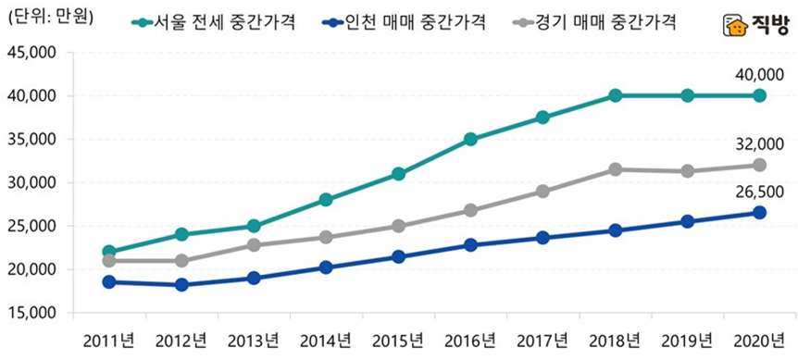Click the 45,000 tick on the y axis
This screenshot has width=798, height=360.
[x=31, y=53]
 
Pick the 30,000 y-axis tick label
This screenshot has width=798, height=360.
[x=31, y=183]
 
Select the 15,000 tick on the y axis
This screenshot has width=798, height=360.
[x=31, y=313]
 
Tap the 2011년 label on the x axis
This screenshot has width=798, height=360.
[x=108, y=338]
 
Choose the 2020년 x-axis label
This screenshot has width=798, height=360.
[x=760, y=338]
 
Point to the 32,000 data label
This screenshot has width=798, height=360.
[x=759, y=143]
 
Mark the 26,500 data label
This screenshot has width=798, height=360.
[x=759, y=192]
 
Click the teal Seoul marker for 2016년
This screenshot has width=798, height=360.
[x=471, y=139]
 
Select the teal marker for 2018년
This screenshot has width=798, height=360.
[x=616, y=95]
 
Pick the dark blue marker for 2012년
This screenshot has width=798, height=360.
[x=181, y=284]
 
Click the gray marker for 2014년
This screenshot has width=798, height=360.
[x=326, y=237]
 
